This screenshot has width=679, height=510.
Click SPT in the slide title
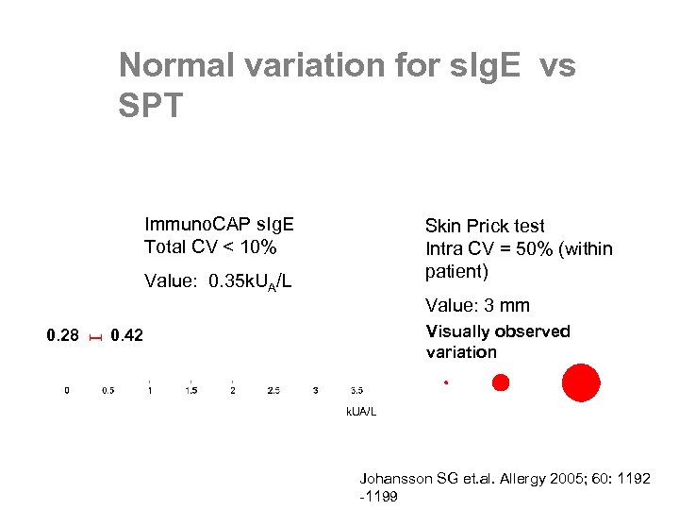pyautogui.click(x=151, y=105)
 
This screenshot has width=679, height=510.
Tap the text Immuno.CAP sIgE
pyautogui.click(x=219, y=224)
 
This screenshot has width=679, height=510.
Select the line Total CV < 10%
pyautogui.click(x=209, y=247)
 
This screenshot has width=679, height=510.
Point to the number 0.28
pyautogui.click(x=63, y=335)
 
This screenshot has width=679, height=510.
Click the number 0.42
pyautogui.click(x=126, y=335)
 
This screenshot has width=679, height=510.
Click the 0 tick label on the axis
pyautogui.click(x=66, y=390)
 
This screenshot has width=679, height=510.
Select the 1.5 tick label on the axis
pyautogui.click(x=191, y=390)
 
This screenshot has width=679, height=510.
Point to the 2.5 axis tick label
pyautogui.click(x=273, y=390)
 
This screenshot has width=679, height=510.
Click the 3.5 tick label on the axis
pyautogui.click(x=357, y=390)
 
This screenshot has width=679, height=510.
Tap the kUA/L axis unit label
pyautogui.click(x=360, y=413)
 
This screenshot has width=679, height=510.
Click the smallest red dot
pyautogui.click(x=446, y=382)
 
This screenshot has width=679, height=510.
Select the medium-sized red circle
pyautogui.click(x=501, y=382)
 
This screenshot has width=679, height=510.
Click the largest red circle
pyautogui.click(x=580, y=382)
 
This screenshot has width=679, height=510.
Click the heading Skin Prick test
pyautogui.click(x=485, y=226)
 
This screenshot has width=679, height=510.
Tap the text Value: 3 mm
pyautogui.click(x=477, y=305)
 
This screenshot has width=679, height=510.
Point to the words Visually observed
pyautogui.click(x=498, y=331)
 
